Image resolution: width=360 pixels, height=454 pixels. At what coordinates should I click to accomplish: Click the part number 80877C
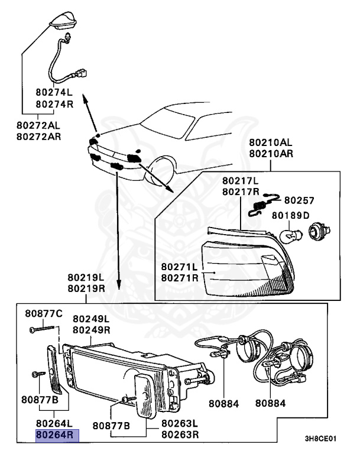point(43,313)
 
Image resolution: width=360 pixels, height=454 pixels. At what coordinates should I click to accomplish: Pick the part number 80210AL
point(270,143)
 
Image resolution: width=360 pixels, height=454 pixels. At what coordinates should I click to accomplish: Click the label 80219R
point(86,288)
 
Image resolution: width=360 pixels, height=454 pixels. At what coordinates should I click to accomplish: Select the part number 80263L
point(180,424)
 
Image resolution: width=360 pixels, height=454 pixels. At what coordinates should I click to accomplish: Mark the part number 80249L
point(92,319)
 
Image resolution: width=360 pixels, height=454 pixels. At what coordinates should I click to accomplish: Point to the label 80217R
point(241,192)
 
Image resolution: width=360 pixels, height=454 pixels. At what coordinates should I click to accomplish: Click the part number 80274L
point(54,93)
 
